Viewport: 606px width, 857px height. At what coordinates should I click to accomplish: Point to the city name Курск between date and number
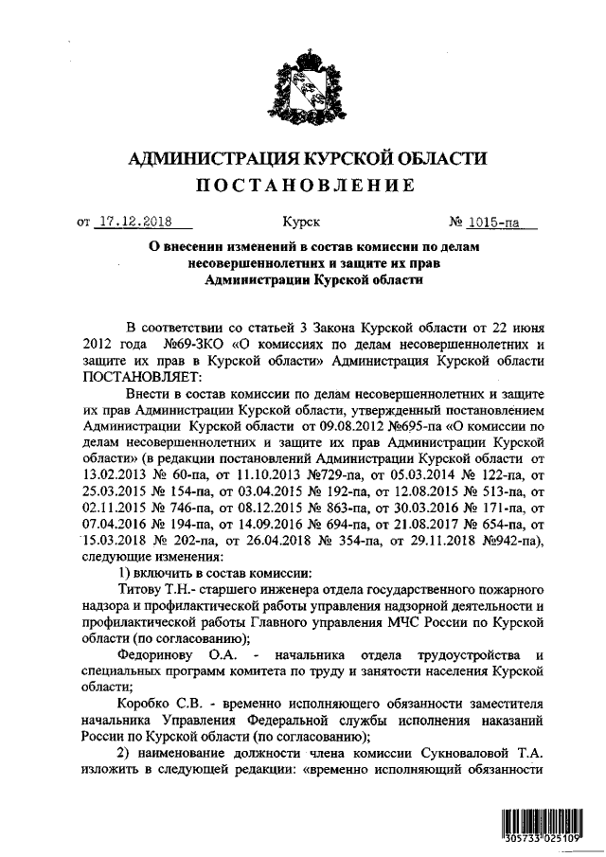(302, 224)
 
